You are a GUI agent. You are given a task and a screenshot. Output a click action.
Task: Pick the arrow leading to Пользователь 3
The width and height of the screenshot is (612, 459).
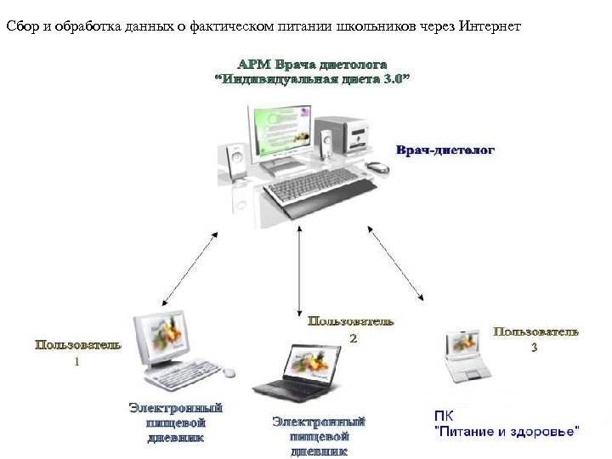(x=396, y=263)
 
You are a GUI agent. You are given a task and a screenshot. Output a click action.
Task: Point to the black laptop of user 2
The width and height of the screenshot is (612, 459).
(x=297, y=373)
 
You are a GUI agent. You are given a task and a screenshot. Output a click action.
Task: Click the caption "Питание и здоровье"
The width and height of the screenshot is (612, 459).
(x=507, y=431)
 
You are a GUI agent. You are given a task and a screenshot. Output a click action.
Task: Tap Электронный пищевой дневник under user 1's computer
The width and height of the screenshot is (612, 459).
(x=177, y=422)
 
